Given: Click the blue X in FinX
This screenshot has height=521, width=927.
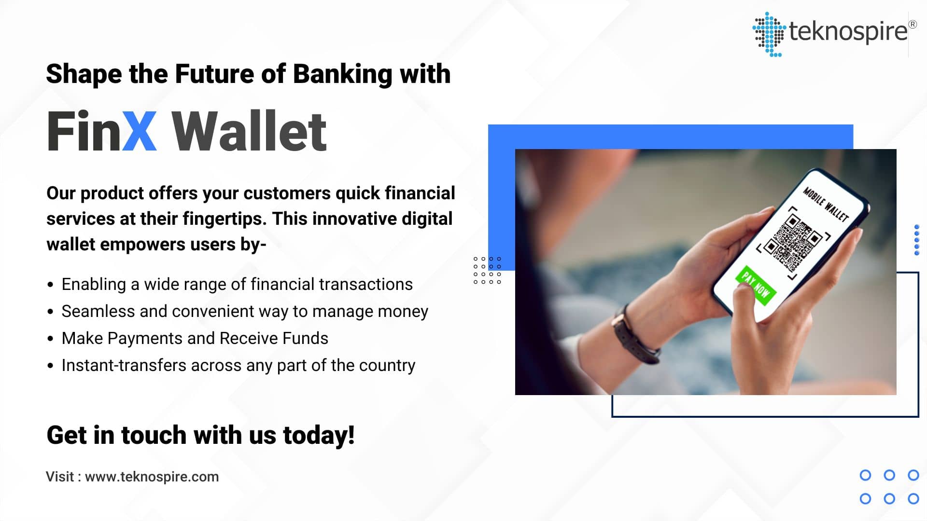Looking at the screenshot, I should [139, 131].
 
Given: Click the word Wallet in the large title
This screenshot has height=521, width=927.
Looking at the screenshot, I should [249, 131].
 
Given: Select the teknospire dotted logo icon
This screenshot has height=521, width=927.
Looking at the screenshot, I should [769, 34].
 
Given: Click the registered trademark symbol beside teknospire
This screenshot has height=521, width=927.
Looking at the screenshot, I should [912, 24].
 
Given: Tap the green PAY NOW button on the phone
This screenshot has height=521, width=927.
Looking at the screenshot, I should [756, 285].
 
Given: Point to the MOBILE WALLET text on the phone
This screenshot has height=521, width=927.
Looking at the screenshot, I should [825, 205].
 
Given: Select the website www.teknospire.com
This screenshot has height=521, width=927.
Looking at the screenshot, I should [152, 477].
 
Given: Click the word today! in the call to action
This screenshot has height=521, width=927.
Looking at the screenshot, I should [319, 435].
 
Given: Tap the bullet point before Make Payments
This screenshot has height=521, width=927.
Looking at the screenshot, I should [50, 339].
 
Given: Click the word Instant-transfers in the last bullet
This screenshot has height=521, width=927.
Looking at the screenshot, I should [124, 365].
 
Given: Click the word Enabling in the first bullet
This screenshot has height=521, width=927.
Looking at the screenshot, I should [94, 284].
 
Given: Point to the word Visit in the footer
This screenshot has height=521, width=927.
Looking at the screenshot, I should [60, 477].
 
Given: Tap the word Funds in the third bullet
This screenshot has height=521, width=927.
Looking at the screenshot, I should [305, 338].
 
